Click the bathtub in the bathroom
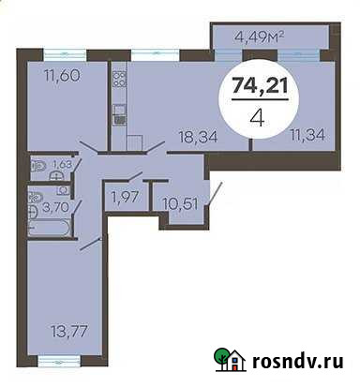[50, 226]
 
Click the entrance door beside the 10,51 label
[217, 196]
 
